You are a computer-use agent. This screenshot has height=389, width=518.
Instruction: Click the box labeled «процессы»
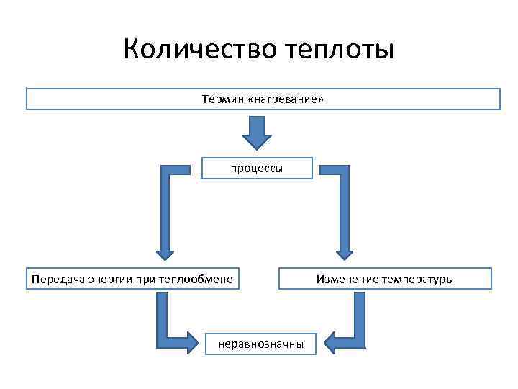(x=257, y=168)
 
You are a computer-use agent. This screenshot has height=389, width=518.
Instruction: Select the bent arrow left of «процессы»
(x=166, y=209)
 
